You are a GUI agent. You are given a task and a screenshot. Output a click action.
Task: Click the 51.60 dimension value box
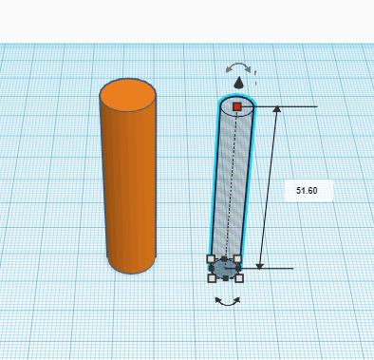click(x=307, y=190)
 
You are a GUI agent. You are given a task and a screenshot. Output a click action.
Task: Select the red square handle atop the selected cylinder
click(x=237, y=107)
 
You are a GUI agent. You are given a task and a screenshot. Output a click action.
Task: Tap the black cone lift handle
click(x=239, y=84)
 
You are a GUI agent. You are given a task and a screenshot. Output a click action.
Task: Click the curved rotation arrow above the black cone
click(x=238, y=67)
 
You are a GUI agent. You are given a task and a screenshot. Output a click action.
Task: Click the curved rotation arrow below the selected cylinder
click(x=226, y=302)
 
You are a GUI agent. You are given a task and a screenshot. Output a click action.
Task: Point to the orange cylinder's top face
click(x=128, y=96)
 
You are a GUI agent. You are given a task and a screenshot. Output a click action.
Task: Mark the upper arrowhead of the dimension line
click(x=276, y=110)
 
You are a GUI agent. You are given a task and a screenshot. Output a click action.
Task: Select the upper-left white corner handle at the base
click(x=211, y=258)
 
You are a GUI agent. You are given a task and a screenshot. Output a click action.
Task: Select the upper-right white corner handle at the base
click(x=237, y=258)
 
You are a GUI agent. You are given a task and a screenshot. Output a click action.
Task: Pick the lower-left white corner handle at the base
click(x=212, y=278)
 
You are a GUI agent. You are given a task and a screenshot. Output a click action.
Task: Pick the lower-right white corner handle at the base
click(x=238, y=278)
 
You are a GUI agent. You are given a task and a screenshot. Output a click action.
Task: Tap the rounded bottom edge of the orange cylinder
click(x=131, y=270)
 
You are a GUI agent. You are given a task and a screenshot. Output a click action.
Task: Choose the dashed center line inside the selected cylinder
click(x=230, y=190)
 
